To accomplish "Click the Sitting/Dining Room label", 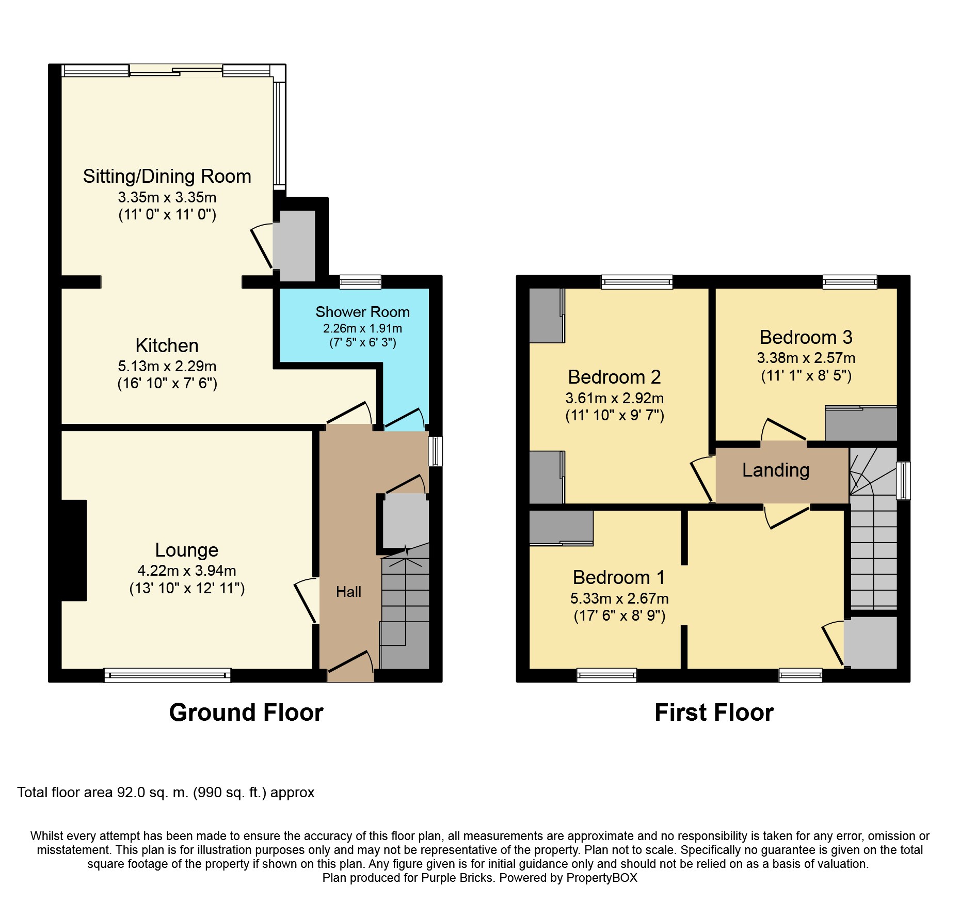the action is pyautogui.click(x=167, y=177).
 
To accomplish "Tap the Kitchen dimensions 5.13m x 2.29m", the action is pyautogui.click(x=167, y=366).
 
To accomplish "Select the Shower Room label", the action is pyautogui.click(x=362, y=312).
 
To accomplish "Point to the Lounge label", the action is pyautogui.click(x=187, y=550).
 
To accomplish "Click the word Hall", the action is pyautogui.click(x=348, y=592).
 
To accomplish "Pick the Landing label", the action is pyautogui.click(x=776, y=470).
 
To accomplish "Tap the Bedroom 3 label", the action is pyautogui.click(x=806, y=337).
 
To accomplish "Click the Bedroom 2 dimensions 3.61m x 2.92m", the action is pyautogui.click(x=614, y=398).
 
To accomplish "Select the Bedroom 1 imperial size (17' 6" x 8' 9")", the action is pyautogui.click(x=619, y=615).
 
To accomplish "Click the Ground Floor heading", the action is pyautogui.click(x=246, y=713).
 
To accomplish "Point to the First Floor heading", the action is pyautogui.click(x=714, y=713).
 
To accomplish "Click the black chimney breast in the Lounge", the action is pyautogui.click(x=74, y=550).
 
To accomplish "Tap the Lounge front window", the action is pyautogui.click(x=167, y=675).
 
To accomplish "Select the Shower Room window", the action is pyautogui.click(x=360, y=282).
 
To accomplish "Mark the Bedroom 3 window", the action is pyautogui.click(x=850, y=282).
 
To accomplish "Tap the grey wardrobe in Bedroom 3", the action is pyautogui.click(x=861, y=423).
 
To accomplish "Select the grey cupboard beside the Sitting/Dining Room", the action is pyautogui.click(x=294, y=246).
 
